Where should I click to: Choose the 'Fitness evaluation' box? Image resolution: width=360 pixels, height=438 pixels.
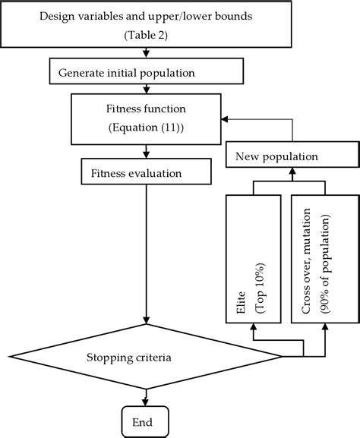[134, 173]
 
